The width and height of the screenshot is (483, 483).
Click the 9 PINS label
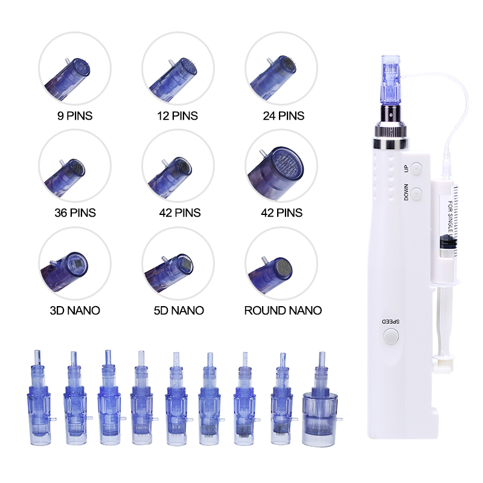pos(75,115)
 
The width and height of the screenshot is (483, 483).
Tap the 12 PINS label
pos(178,115)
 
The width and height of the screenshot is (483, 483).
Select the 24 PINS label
pos(282,115)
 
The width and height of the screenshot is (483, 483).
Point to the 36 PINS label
pos(75,213)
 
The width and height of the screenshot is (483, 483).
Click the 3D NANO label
pos(75,310)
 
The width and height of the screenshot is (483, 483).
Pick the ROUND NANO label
pos(283,310)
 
